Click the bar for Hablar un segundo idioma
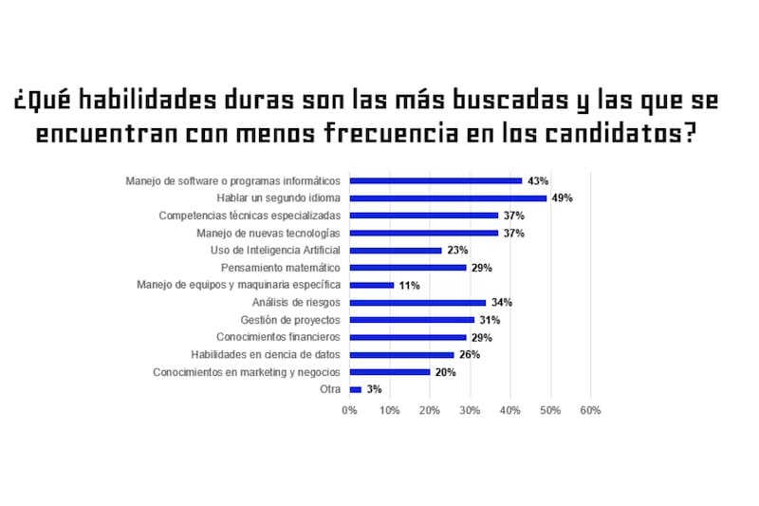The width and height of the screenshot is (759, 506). (x=448, y=197)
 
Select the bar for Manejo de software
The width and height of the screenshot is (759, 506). (x=435, y=180)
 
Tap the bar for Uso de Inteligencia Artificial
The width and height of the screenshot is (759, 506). (x=396, y=250)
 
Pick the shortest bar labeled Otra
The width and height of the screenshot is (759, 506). (x=356, y=389)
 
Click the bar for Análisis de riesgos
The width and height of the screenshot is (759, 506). (x=417, y=302)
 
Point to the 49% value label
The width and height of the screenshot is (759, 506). (x=563, y=197)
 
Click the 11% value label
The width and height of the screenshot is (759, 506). (x=410, y=285)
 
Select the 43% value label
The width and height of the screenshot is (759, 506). (x=538, y=180)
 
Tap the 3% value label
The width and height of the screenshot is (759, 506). (x=374, y=389)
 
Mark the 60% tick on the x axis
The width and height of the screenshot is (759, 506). (x=590, y=410)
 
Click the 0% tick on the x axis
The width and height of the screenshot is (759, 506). (x=349, y=410)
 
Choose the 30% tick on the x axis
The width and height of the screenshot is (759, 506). (x=470, y=410)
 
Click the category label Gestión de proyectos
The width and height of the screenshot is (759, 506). (x=289, y=320)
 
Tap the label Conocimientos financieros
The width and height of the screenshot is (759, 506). (x=278, y=337)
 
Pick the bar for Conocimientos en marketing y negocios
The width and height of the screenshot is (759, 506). (x=390, y=372)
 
